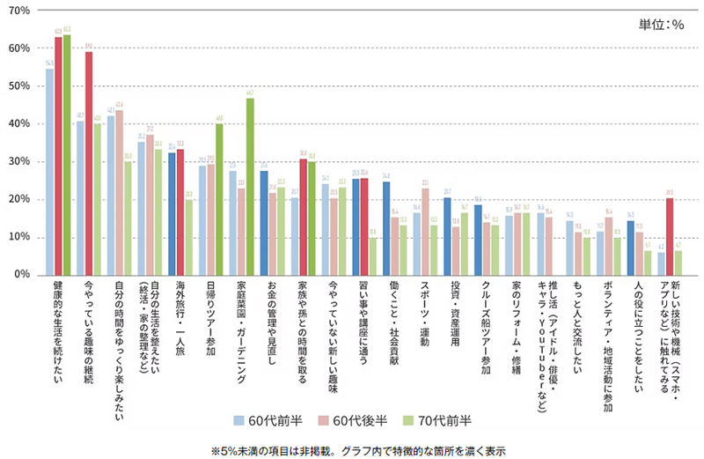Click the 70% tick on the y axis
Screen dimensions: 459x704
click(x=19, y=11)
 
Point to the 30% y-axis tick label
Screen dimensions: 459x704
click(x=19, y=162)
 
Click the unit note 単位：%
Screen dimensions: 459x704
click(x=662, y=24)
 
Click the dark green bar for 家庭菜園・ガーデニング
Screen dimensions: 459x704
click(x=250, y=186)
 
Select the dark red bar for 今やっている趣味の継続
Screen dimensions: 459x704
click(x=89, y=163)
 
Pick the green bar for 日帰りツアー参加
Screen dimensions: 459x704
click(x=219, y=199)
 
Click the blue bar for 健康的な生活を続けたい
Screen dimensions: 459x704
click(x=49, y=172)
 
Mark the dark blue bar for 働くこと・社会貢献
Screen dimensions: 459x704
click(x=385, y=228)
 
